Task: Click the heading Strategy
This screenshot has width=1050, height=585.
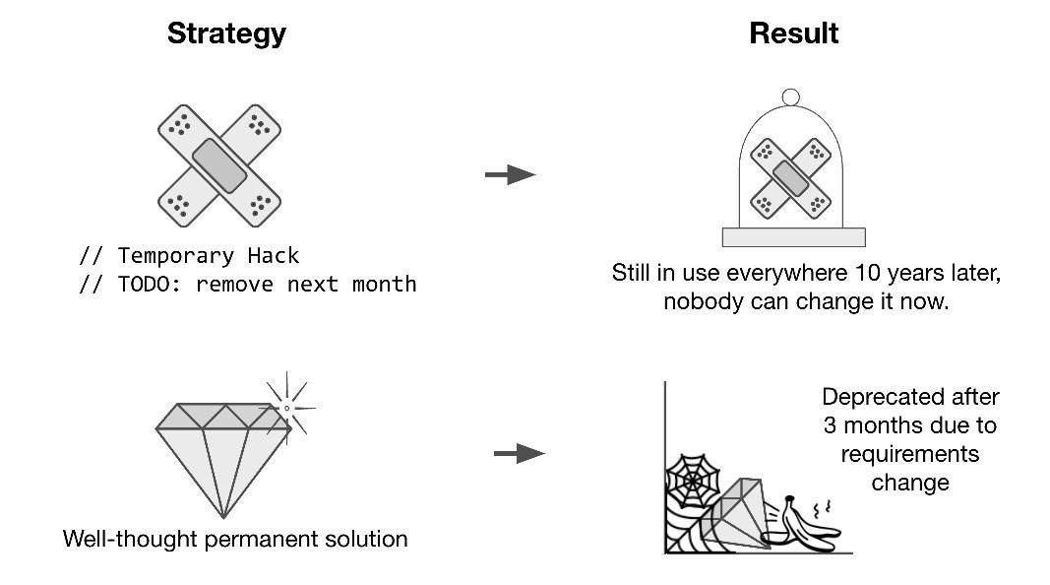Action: pos(226,33)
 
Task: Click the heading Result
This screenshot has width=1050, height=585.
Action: pos(793,33)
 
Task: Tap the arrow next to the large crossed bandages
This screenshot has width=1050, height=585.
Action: pos(510,175)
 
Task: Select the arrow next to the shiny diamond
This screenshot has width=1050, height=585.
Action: pos(518,454)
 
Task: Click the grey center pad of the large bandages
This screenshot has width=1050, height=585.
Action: pos(219,164)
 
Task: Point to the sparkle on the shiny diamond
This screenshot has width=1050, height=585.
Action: pos(286,406)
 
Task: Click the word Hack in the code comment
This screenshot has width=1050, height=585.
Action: pos(275,256)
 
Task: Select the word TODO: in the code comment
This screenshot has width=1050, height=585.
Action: pos(148,285)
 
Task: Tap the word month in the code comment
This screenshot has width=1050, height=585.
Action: pos(385,285)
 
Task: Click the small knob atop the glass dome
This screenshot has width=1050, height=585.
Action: pos(790,97)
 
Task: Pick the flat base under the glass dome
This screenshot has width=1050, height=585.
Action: pos(793,237)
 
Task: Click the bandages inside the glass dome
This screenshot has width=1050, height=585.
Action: pos(790,177)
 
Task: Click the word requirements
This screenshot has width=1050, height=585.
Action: pos(910,454)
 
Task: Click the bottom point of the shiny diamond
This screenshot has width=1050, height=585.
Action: pos(224,515)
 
